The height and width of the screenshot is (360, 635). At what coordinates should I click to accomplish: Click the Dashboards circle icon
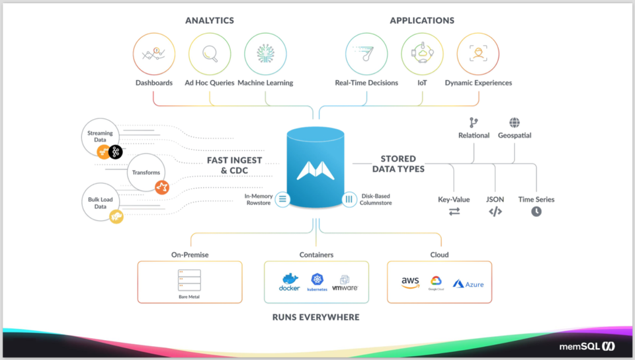click(x=154, y=54)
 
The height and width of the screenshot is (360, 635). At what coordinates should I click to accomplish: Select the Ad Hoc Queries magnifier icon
click(x=210, y=54)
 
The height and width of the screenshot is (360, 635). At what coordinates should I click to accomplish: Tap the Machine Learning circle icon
click(x=265, y=54)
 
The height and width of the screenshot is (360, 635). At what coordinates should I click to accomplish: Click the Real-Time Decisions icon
click(x=366, y=54)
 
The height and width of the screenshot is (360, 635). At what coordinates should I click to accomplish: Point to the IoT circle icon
click(x=422, y=54)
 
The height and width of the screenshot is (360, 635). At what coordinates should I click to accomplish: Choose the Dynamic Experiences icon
click(x=478, y=54)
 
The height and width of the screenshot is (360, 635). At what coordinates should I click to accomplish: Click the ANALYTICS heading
click(x=210, y=21)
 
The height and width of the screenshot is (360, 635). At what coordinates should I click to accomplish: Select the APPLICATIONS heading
click(x=422, y=21)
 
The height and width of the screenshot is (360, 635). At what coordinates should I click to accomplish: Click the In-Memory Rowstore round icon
click(x=282, y=199)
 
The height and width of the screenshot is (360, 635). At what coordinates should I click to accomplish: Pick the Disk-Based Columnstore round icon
click(x=349, y=199)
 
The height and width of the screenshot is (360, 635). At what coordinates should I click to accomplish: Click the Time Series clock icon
click(x=536, y=212)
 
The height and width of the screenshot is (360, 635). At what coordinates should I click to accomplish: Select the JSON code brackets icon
click(x=495, y=212)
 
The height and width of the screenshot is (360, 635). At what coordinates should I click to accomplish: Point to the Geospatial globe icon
click(x=514, y=122)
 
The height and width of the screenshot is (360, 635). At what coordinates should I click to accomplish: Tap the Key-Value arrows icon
click(x=454, y=212)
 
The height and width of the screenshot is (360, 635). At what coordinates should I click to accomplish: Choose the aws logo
click(x=410, y=283)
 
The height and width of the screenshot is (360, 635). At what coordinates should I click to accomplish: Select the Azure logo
click(x=468, y=284)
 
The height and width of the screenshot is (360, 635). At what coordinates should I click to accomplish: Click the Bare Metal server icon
click(x=189, y=281)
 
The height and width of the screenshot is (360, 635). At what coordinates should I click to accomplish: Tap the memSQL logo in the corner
click(x=587, y=346)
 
